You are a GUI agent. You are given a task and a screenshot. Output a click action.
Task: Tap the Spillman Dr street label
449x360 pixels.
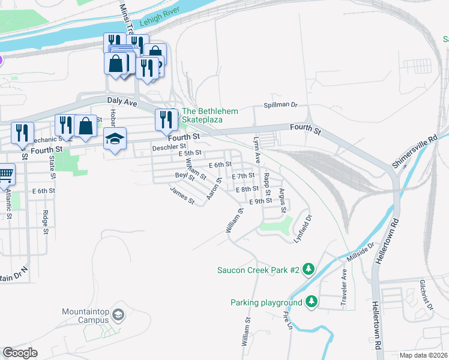click(280, 105)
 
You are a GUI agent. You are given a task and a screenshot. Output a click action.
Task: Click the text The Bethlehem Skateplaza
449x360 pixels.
click(210, 116)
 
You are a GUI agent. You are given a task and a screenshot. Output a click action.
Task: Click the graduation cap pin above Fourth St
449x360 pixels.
click(115, 139)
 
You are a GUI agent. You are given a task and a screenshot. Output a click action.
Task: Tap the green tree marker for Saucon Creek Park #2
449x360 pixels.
click(309, 269)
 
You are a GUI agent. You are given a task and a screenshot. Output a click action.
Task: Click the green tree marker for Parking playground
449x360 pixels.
click(311, 302)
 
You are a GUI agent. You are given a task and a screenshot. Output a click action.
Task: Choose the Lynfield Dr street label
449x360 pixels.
click(304, 228)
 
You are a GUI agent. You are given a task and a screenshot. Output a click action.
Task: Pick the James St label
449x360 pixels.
click(182, 196)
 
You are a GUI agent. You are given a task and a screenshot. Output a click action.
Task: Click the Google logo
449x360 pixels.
click(20, 353)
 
